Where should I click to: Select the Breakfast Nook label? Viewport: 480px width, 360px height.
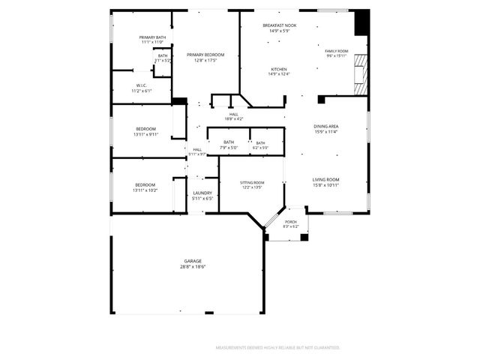click(279, 25)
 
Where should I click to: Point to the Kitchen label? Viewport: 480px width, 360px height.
click(279, 69)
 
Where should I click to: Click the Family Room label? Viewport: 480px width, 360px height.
click(337, 51)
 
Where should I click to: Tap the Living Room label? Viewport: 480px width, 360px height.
click(326, 179)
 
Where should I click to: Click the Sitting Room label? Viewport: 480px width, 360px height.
click(252, 182)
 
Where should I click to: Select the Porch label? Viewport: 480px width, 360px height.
click(291, 221)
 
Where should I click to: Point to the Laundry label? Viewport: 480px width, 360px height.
click(202, 193)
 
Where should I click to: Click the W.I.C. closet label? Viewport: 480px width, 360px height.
click(141, 85)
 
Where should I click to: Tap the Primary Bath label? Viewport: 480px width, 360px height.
click(152, 37)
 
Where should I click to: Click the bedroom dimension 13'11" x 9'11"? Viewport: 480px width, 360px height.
click(145, 134)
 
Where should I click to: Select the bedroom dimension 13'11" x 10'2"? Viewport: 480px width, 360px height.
click(145, 190)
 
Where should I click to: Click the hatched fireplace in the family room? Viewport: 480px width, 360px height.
click(363, 75)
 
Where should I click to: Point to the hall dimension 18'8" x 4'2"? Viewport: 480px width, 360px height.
click(233, 119)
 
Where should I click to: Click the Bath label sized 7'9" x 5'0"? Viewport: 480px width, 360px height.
click(229, 142)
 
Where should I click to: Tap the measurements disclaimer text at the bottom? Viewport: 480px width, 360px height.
click(277, 348)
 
